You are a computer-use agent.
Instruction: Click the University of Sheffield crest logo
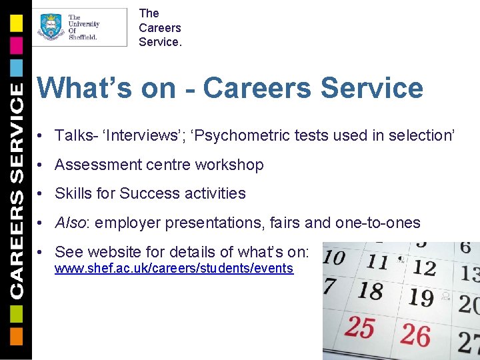(x=51, y=27)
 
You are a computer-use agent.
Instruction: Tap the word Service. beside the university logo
(x=159, y=42)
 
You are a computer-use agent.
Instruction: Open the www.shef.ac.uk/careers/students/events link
(x=173, y=268)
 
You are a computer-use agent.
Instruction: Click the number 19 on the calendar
(x=420, y=297)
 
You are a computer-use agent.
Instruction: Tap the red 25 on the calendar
(x=360, y=328)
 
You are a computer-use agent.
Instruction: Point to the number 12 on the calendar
(x=424, y=268)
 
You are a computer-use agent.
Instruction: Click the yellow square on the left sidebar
(x=16, y=23)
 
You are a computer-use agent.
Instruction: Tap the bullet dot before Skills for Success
(x=41, y=194)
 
